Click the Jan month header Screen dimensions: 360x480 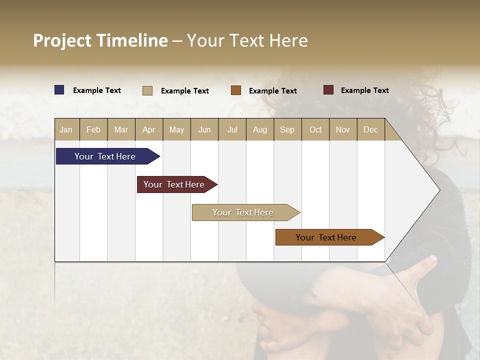click(x=66, y=129)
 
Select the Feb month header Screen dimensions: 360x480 click(x=93, y=129)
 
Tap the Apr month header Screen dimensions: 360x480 click(x=149, y=129)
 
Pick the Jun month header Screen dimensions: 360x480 click(x=204, y=129)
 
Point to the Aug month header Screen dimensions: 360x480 click(x=260, y=129)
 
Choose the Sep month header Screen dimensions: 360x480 click(x=287, y=129)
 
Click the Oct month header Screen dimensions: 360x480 click(x=315, y=129)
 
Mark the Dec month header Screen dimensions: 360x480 click(x=371, y=129)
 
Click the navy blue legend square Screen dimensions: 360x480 click(x=59, y=90)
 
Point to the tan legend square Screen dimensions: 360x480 click(x=147, y=90)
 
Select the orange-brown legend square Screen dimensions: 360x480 click(x=236, y=90)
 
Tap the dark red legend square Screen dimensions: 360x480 click(x=328, y=90)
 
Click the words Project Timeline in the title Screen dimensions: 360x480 click(x=100, y=40)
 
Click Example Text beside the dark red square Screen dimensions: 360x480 click(x=365, y=90)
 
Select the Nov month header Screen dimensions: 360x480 click(x=343, y=129)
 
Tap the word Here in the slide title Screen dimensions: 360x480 click(x=288, y=40)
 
